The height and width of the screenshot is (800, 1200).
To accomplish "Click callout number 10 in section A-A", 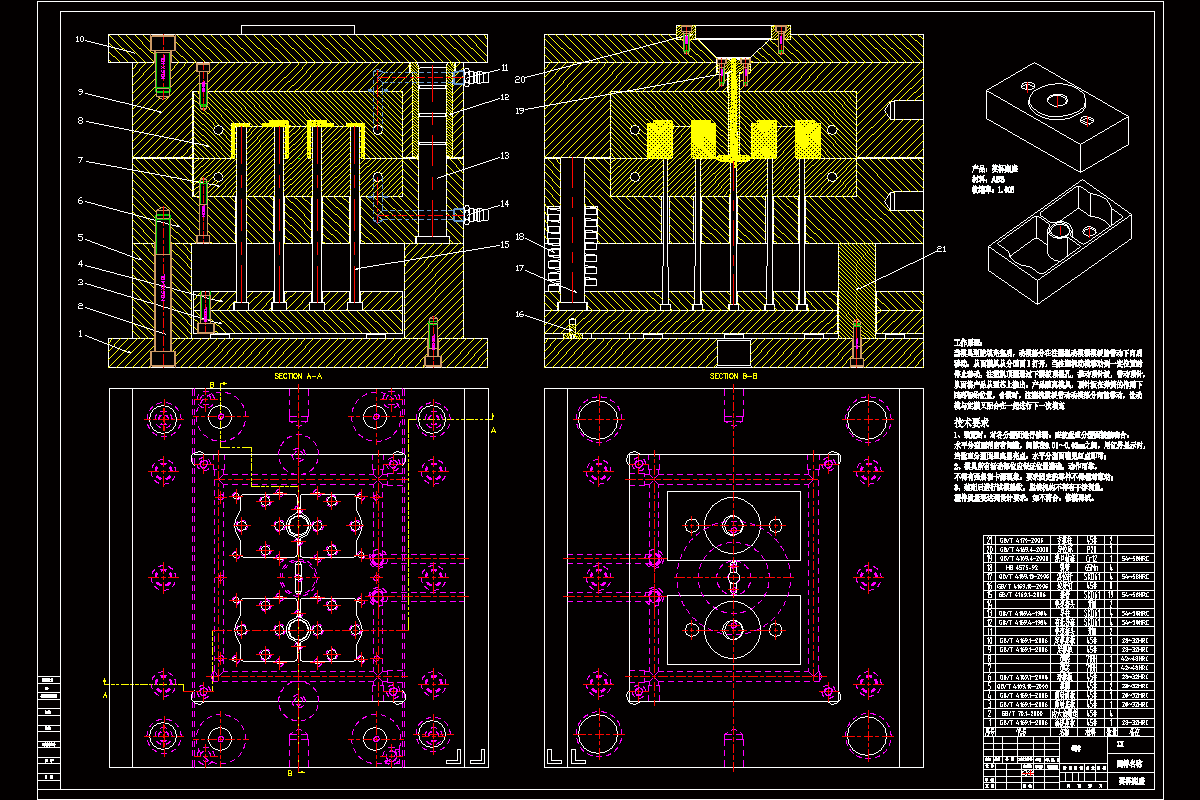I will [80, 40].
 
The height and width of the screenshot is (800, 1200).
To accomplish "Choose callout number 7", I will [80, 161].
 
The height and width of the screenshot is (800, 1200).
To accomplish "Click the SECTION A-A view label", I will [297, 376].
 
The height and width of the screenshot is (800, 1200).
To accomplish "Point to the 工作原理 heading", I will [969, 343].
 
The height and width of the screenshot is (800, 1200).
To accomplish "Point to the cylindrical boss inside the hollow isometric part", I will [1058, 232].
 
